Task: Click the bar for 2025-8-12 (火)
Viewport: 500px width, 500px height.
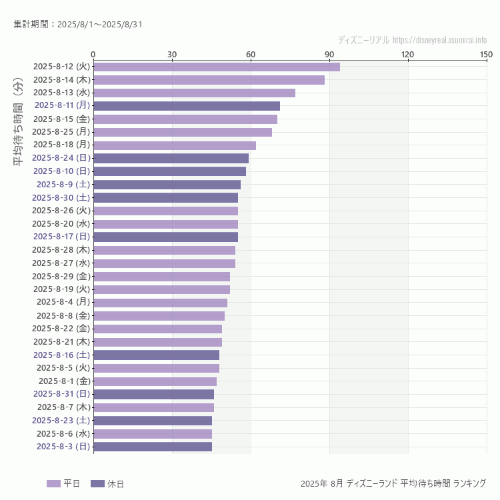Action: click(x=217, y=67)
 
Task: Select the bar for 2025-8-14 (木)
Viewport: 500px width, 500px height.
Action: click(x=209, y=80)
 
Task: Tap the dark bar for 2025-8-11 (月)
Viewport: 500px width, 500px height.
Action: click(x=187, y=105)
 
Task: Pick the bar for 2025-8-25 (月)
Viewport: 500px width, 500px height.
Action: click(x=183, y=132)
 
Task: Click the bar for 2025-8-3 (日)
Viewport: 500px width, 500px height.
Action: click(x=153, y=447)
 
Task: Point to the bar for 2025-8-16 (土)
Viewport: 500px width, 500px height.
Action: click(x=156, y=355)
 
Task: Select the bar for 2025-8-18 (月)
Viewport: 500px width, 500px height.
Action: click(x=175, y=145)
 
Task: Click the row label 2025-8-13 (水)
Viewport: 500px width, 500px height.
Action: click(x=61, y=93)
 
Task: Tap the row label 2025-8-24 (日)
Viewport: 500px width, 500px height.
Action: click(x=61, y=158)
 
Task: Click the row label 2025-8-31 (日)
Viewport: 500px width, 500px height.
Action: click(x=61, y=394)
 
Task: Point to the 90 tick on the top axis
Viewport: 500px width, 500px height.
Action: click(x=329, y=54)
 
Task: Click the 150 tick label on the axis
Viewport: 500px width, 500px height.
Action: click(x=486, y=54)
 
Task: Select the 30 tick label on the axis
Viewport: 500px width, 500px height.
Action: click(x=172, y=54)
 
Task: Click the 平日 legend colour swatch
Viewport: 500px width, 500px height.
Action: click(x=53, y=483)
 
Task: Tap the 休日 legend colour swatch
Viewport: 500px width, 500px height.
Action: click(x=97, y=483)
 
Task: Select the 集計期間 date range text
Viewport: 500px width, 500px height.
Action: click(x=78, y=25)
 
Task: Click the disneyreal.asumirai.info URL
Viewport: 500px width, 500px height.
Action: click(x=439, y=40)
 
